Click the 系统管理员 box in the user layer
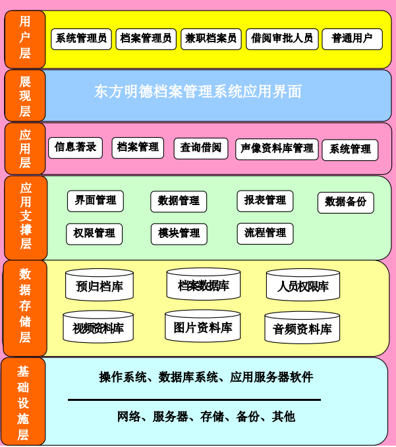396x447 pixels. pyautogui.click(x=81, y=39)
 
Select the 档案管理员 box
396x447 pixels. pyautogui.click(x=146, y=39)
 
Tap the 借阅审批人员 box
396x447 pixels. pyautogui.click(x=282, y=39)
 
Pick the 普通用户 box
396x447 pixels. pyautogui.click(x=352, y=39)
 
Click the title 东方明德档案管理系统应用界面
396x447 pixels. pyautogui.click(x=198, y=92)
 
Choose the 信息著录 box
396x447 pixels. pyautogui.click(x=75, y=148)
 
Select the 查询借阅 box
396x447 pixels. pyautogui.click(x=200, y=148)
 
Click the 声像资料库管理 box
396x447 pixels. pyautogui.click(x=277, y=149)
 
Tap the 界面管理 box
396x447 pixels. pyautogui.click(x=95, y=201)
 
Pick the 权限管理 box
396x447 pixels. pyautogui.click(x=94, y=234)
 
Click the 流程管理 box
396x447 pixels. pyautogui.click(x=265, y=233)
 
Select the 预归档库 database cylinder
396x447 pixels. pyautogui.click(x=99, y=285)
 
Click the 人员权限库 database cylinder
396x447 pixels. pyautogui.click(x=302, y=285)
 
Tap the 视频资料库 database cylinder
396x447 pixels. pyautogui.click(x=98, y=327)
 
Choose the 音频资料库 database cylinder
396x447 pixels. pyautogui.click(x=302, y=328)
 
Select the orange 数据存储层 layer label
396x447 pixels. pyautogui.click(x=25, y=307)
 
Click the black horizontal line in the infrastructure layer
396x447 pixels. pyautogui.click(x=194, y=400)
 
